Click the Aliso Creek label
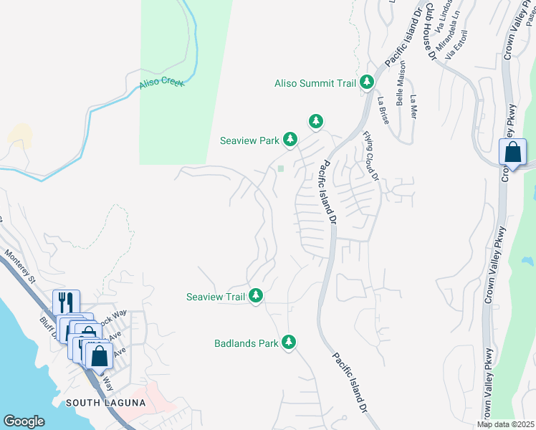click(x=161, y=83)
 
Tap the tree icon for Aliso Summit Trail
click(x=368, y=83)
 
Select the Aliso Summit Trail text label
click(x=315, y=84)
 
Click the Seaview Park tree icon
click(x=289, y=140)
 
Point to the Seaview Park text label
click(x=249, y=140)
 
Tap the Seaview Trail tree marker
click(x=256, y=296)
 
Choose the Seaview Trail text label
click(x=216, y=297)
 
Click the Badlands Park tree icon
click(x=289, y=343)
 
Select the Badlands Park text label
click(x=246, y=343)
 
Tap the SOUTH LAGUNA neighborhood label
click(x=105, y=403)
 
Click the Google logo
click(x=24, y=421)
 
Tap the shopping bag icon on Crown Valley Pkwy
click(x=512, y=153)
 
